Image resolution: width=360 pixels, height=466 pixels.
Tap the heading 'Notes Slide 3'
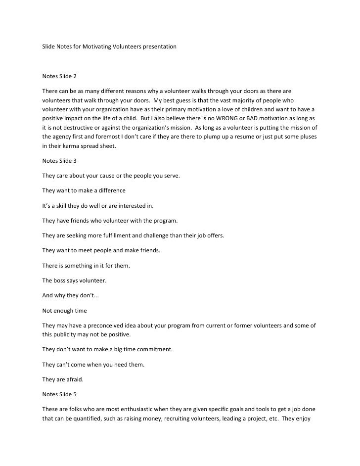(x=59, y=161)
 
